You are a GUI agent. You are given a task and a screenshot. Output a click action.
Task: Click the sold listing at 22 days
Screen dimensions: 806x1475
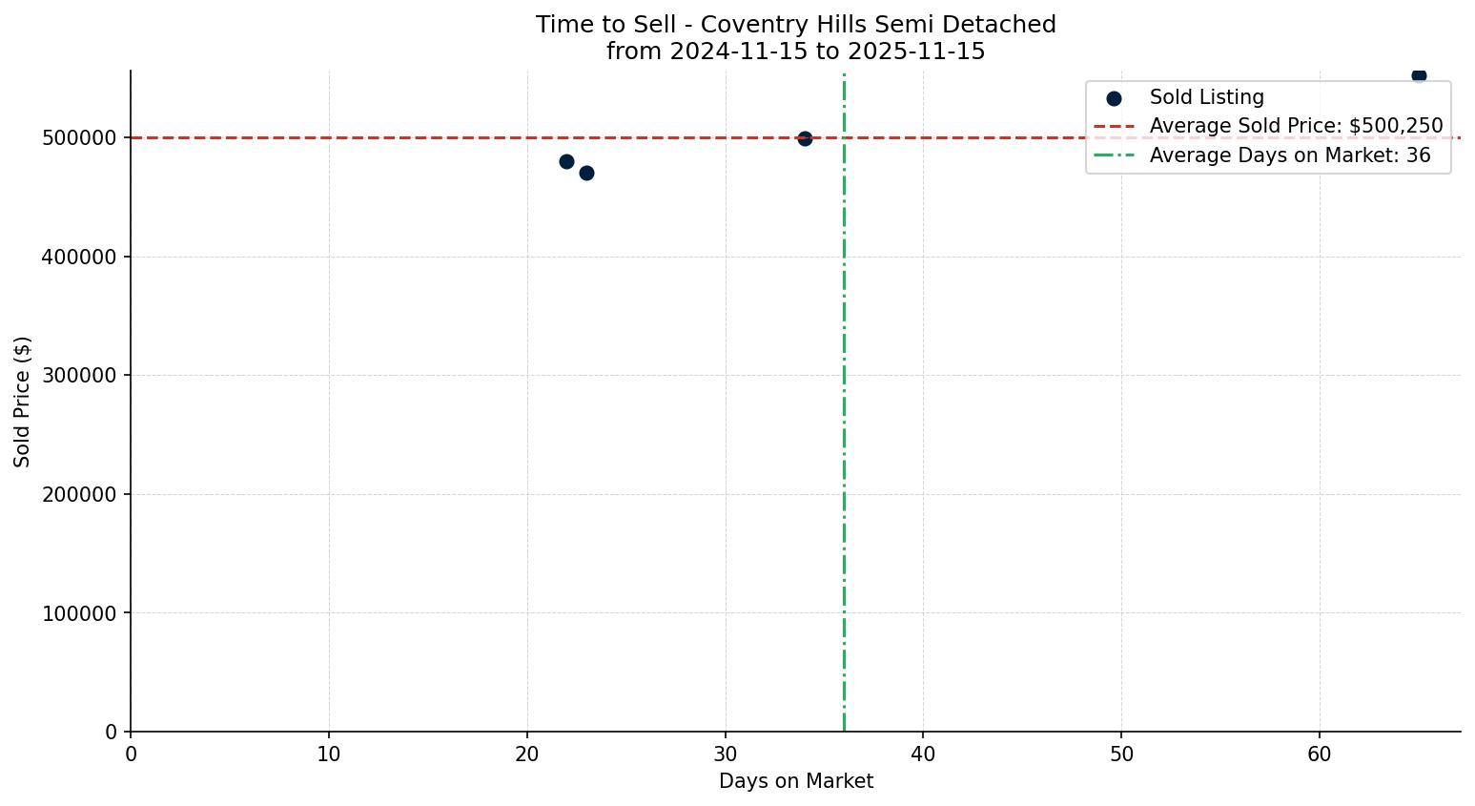(566, 161)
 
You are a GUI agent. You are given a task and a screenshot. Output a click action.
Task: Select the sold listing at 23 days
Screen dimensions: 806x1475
(586, 173)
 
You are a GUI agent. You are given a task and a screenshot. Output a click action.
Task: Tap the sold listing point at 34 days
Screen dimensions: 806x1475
(805, 138)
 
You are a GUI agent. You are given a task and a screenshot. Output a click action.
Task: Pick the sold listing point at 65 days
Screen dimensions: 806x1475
(1419, 75)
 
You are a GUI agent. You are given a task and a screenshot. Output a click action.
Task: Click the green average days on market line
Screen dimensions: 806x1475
(844, 429)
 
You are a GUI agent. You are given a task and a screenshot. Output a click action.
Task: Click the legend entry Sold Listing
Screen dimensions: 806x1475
(1206, 97)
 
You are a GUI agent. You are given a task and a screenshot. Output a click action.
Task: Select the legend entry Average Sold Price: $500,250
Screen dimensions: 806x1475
(1296, 126)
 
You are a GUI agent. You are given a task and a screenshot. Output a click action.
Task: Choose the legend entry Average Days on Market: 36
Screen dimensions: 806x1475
(1289, 155)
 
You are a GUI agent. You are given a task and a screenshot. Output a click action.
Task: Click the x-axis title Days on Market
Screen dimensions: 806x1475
(796, 781)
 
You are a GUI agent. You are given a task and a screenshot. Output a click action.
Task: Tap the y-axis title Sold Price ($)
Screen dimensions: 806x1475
(23, 402)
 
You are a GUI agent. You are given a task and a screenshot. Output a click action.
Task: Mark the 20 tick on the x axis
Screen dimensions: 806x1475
(527, 754)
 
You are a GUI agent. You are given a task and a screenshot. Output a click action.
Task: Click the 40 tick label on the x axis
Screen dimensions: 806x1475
(923, 754)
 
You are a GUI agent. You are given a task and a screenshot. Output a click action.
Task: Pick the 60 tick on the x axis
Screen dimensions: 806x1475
(1320, 754)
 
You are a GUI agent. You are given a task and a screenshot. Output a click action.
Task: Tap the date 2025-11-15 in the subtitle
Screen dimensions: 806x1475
(912, 52)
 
